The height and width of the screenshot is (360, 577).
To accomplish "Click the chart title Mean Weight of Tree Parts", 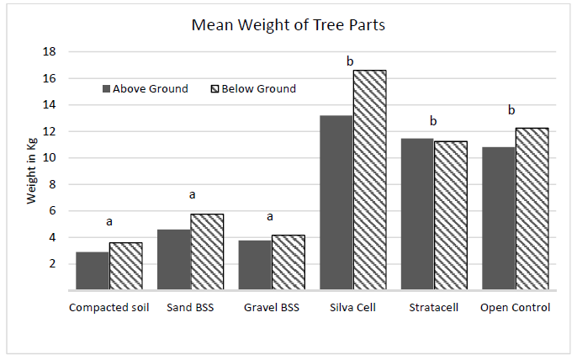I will click(x=288, y=24).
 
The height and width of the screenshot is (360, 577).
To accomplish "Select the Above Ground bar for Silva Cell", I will click(x=336, y=202).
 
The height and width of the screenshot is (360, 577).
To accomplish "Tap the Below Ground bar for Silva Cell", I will click(x=369, y=180).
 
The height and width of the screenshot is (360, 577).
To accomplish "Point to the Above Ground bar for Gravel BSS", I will click(x=255, y=265).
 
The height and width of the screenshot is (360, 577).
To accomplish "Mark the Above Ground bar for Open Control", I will click(x=499, y=219).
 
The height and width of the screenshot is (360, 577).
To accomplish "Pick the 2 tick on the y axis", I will click(x=51, y=264).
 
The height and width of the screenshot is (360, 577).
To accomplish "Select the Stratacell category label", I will click(x=434, y=307).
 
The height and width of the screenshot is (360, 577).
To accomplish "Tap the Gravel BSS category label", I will click(x=272, y=307).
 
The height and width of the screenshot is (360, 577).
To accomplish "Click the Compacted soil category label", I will click(x=109, y=307).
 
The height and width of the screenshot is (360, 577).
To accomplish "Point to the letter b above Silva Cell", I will click(x=351, y=61).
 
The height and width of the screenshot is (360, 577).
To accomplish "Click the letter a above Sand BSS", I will click(x=192, y=194).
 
